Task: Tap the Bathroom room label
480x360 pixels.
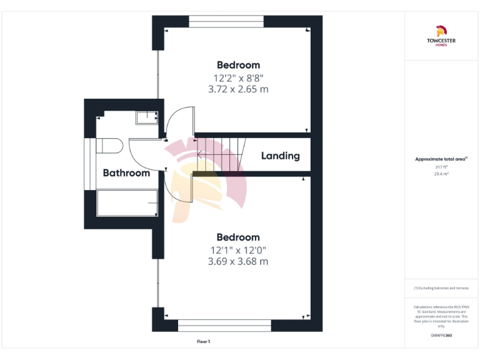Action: click(x=126, y=173)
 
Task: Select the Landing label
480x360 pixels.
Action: click(x=280, y=156)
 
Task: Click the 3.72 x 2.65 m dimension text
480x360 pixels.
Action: click(x=238, y=89)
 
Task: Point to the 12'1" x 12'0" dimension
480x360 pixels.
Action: click(x=238, y=250)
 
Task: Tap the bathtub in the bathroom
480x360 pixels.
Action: click(x=126, y=203)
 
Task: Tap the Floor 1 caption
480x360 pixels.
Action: click(x=204, y=342)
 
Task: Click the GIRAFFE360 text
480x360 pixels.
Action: click(x=441, y=336)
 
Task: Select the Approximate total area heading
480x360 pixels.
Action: click(x=441, y=159)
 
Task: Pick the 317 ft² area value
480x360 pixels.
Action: click(x=441, y=167)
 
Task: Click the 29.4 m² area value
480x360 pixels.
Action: click(x=441, y=174)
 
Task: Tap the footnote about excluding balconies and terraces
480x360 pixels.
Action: click(x=441, y=287)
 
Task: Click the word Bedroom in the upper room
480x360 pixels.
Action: click(x=238, y=65)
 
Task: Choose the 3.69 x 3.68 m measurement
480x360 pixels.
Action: click(x=238, y=262)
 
